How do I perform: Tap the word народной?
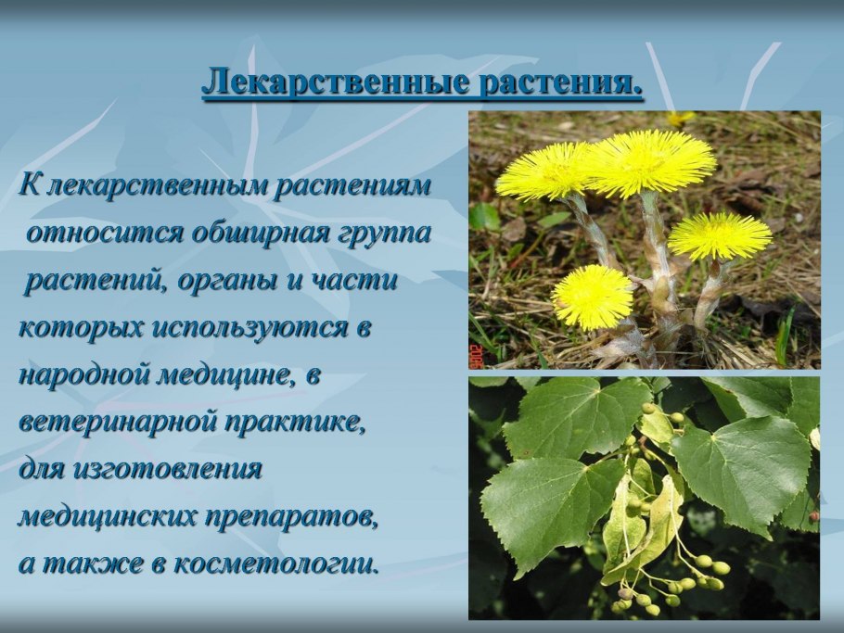(x=81, y=375)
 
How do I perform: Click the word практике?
(x=295, y=423)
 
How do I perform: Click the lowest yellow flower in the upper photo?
(x=592, y=297)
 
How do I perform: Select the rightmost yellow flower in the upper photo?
(x=720, y=235)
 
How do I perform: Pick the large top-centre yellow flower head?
(x=651, y=161)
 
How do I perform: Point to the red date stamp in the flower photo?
(x=476, y=356)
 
